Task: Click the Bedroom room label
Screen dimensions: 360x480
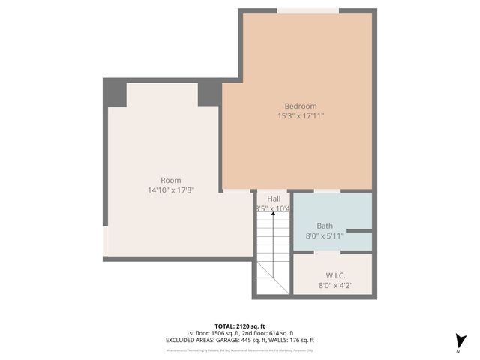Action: pos(301,106)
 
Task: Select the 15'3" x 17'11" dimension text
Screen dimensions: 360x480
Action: pos(301,115)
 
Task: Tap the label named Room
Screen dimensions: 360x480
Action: pos(170,180)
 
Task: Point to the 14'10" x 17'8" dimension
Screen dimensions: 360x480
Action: pos(170,190)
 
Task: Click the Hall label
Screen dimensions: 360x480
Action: pos(274,198)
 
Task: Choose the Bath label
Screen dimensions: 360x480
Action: pos(325,225)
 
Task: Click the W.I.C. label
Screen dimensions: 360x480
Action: pos(334,275)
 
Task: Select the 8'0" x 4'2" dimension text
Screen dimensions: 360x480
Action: pos(334,285)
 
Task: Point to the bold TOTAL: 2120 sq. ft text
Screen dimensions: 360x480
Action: pos(239,325)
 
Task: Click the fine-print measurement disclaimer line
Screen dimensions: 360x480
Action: pos(239,349)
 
